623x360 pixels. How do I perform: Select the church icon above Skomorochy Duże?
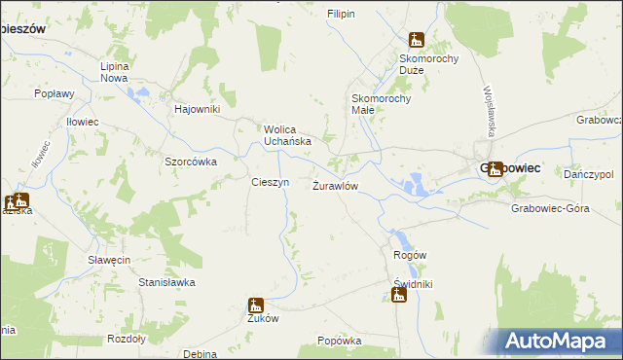coord(417,40)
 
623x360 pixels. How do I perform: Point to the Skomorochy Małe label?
coord(382,104)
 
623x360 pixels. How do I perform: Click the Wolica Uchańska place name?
coord(287,134)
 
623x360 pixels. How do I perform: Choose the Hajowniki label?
coord(198,109)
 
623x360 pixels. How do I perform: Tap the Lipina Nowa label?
coord(115,72)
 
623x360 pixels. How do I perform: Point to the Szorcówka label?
coord(190,162)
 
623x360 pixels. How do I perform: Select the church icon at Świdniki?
coord(399,295)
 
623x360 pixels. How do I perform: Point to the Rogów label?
coord(410,255)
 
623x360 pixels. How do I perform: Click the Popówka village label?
coord(340,342)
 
